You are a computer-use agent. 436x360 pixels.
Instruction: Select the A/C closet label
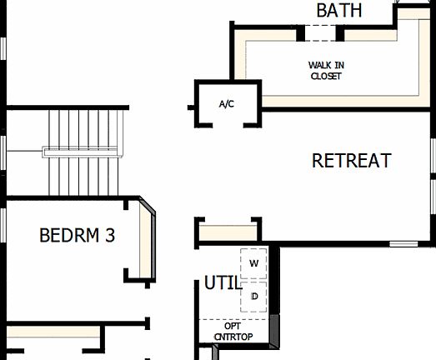coord(227,104)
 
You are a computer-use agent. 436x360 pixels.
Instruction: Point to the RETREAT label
coord(351,161)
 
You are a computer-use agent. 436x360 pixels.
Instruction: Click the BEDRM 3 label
coord(77,236)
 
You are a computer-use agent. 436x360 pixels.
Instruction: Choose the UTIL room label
coord(222,283)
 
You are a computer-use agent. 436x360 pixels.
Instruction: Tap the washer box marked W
coord(254,263)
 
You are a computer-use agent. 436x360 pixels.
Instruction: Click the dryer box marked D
coord(254,295)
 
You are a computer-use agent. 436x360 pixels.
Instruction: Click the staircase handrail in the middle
coord(83,152)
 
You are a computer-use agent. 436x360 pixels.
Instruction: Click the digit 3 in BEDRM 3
coord(109,236)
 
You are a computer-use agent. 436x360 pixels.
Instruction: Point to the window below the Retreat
coord(404,244)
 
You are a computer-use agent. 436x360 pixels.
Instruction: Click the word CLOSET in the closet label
coord(325,76)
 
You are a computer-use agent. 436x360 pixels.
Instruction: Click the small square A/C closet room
coord(228,104)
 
